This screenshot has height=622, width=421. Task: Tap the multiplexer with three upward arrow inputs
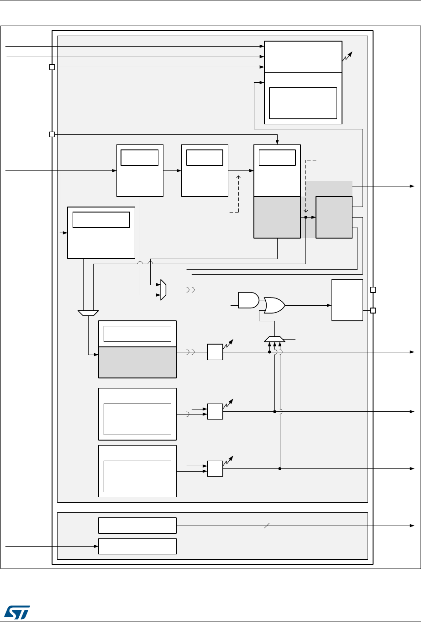pos(275,339)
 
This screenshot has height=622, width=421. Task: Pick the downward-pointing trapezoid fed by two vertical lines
pos(88,313)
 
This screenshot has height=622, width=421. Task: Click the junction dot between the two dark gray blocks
pos(305,218)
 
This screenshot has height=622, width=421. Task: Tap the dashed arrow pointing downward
pos(305,187)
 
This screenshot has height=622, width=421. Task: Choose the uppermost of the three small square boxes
pos(215,352)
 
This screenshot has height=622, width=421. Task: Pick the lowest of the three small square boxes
pos(215,468)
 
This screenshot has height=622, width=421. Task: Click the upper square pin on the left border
pos(52,67)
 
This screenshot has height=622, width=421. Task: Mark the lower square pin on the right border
pos(373,311)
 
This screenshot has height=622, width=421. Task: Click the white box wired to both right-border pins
pos(347,300)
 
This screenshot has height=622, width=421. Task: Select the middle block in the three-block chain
pos(205,170)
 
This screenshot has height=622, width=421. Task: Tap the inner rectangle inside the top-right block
pos(303,103)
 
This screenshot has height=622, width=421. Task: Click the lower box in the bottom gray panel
pos(137,546)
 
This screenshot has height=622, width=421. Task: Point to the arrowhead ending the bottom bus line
pos(412,526)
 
